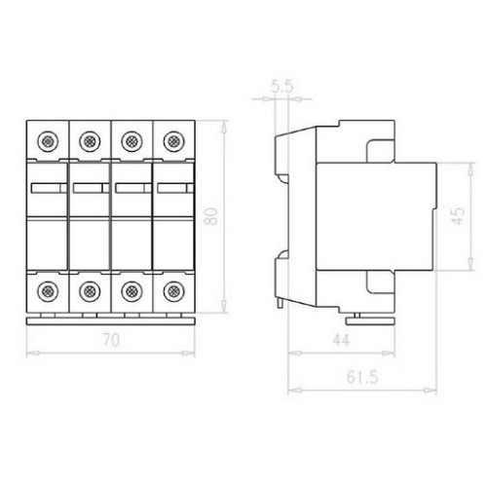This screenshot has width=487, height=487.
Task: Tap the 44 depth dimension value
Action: tap(339, 340)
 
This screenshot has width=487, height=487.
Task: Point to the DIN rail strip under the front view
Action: tap(110, 318)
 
